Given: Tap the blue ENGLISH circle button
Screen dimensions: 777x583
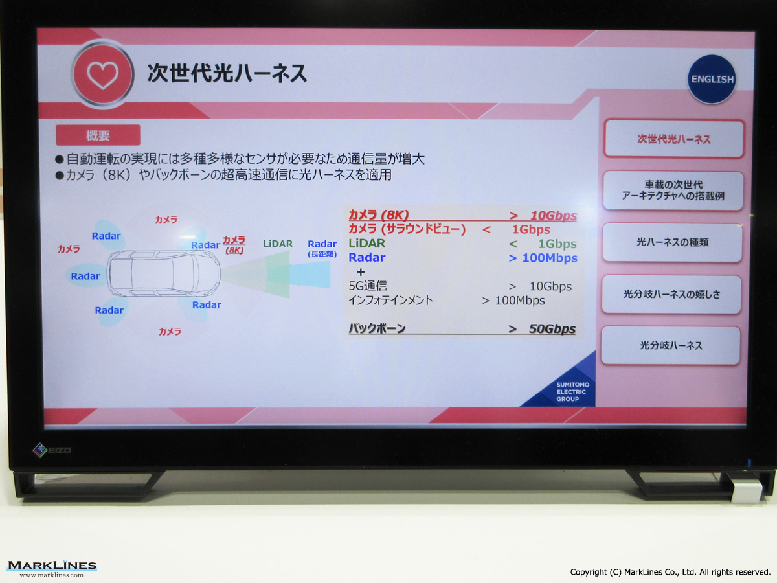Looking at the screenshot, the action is (712, 79).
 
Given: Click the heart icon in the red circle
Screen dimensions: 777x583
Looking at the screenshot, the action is (103, 74).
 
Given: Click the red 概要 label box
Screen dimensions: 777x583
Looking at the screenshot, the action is (98, 135).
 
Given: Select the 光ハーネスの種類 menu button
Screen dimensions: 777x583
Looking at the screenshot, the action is (672, 242).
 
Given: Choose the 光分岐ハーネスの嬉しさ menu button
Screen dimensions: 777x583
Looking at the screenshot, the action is (671, 294).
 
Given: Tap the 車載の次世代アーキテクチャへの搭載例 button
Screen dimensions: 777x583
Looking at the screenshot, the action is (673, 190).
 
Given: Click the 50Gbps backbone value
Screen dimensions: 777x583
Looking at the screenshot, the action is (552, 329).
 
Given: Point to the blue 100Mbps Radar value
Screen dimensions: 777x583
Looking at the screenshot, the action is (550, 258).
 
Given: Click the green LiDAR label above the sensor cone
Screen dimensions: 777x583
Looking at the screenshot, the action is (278, 244).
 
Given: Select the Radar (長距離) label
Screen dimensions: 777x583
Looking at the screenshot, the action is (322, 248).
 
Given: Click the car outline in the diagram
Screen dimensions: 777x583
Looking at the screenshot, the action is (164, 273).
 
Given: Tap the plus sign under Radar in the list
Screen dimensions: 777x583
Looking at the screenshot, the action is (361, 272).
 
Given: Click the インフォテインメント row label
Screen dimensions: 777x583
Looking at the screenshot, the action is (391, 300).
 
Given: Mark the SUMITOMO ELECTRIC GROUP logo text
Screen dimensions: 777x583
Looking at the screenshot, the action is (572, 392).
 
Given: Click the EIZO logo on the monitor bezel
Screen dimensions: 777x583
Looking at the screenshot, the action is (52, 450).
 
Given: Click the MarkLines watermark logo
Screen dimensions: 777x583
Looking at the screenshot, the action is (52, 569).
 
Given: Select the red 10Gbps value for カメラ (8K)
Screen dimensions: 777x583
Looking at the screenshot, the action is (554, 216).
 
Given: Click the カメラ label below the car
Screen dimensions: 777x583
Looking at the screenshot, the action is (170, 331).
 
